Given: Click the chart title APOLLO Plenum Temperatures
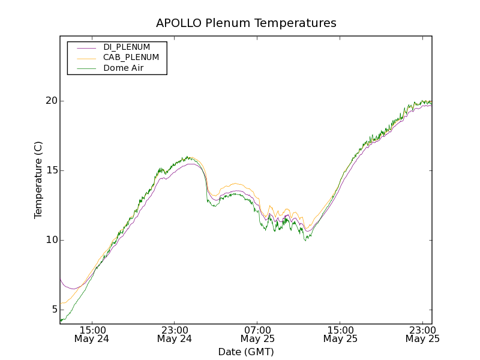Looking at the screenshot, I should [246, 23].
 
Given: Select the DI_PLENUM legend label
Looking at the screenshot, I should [127, 47].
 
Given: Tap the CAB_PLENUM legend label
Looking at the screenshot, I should [131, 58].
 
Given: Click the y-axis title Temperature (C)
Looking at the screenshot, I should [38, 179].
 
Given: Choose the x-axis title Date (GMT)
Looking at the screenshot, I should [246, 352].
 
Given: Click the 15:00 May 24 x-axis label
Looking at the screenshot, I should [92, 334].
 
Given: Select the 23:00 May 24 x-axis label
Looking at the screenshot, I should [175, 334].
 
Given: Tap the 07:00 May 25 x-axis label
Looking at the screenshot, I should [257, 334].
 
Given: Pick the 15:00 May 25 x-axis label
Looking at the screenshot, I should [340, 334].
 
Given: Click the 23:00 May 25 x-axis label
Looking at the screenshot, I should [422, 334].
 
